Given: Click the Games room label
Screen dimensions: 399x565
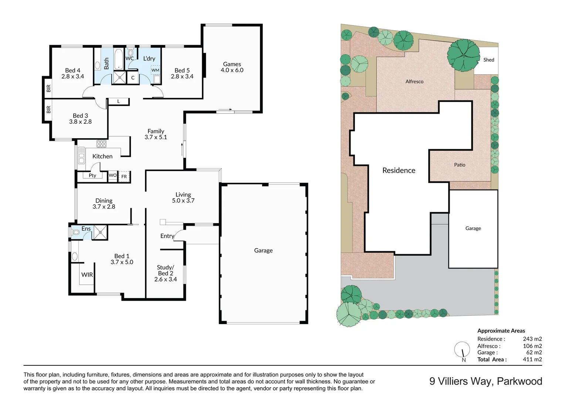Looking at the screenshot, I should [232, 64].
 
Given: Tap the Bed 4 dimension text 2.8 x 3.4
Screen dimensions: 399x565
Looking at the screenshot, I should [72, 76].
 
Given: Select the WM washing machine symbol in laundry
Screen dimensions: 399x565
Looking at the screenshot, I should [155, 70].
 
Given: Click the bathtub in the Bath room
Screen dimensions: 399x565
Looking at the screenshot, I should [119, 59].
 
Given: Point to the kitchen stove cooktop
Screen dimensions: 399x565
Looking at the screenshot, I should [101, 144].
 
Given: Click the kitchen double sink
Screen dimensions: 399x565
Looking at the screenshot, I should [81, 156].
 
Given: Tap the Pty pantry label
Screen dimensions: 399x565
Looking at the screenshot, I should [92, 175].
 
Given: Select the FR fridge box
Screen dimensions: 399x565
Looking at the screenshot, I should [124, 177].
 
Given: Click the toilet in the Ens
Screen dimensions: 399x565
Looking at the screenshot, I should [75, 232].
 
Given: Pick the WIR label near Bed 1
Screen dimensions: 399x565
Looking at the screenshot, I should [87, 275].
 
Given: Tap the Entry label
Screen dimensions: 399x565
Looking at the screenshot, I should [167, 236].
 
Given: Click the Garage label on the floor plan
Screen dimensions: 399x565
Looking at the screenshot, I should [263, 250].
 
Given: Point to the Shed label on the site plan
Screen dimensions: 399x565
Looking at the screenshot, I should [488, 60].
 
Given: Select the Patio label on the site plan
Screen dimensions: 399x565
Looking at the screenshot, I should [460, 165].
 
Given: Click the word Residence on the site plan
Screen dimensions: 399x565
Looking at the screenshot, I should [399, 170].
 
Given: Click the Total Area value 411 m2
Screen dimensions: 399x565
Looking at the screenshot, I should [532, 359].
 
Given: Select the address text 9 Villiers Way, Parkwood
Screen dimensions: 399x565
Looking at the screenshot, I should [486, 381].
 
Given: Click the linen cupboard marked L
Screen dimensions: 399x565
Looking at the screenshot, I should [118, 101].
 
